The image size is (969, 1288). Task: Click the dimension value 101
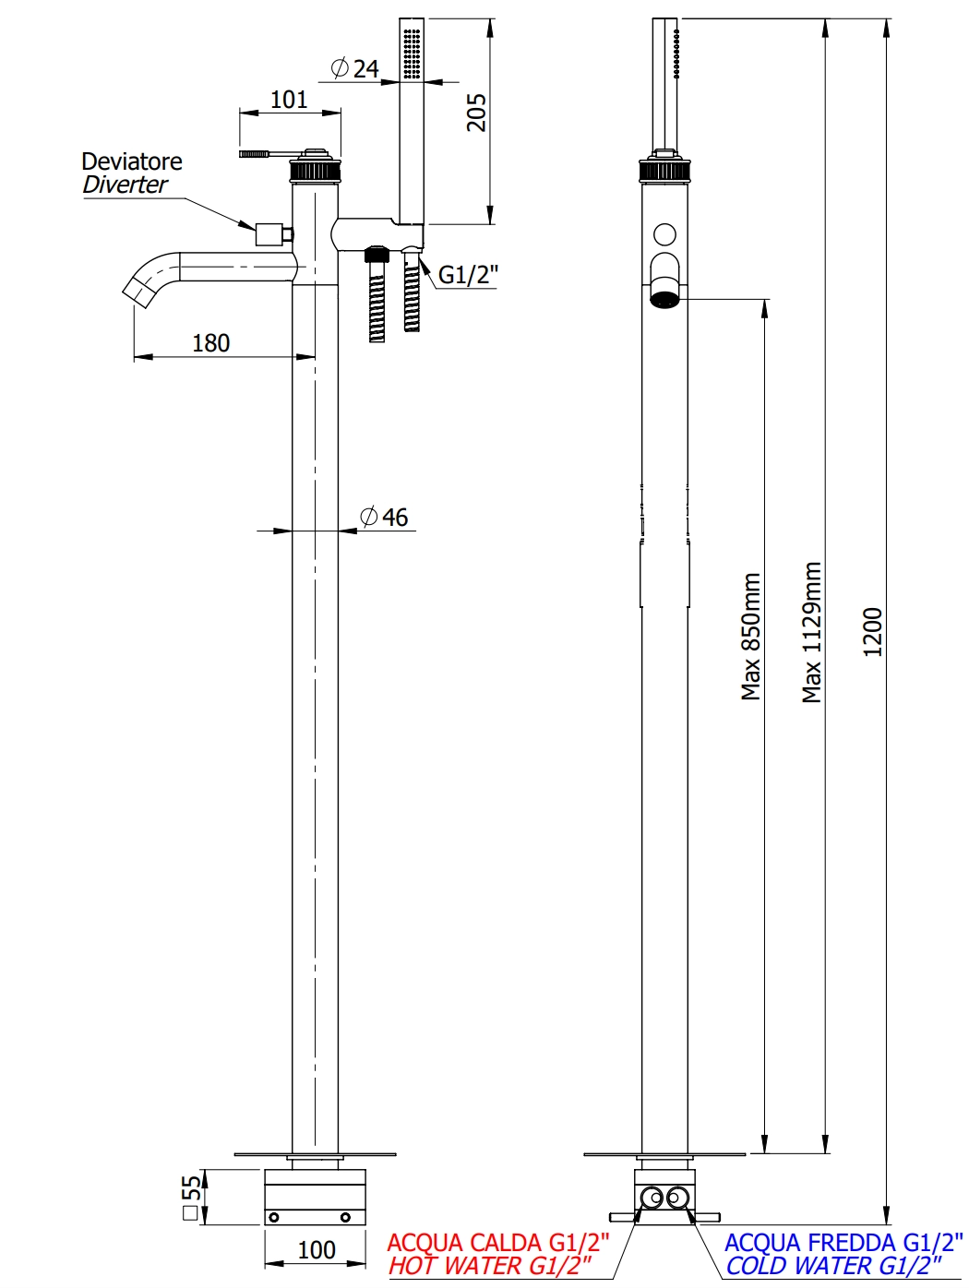[x=289, y=100]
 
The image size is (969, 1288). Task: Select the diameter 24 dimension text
[x=356, y=68]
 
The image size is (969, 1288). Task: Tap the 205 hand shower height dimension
[x=476, y=112]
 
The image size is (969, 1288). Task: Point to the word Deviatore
[x=132, y=161]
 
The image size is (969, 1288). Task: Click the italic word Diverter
[x=125, y=185]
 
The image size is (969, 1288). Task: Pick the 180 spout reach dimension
[x=210, y=343]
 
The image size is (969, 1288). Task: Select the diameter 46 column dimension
[x=386, y=517]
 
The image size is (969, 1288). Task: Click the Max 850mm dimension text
[x=751, y=637]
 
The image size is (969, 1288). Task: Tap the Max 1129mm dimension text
[x=812, y=632]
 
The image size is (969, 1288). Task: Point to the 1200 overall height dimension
[x=873, y=632]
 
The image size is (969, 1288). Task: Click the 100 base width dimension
[x=317, y=1250]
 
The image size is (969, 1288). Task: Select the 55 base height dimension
[x=191, y=1197]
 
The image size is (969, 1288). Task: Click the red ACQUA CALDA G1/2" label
[x=497, y=1243]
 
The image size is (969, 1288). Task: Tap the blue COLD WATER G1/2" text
[x=833, y=1266]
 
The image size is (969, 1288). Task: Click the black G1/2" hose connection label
[x=467, y=274]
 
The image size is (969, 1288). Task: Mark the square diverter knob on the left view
[x=269, y=234]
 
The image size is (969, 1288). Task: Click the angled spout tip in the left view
[x=138, y=286]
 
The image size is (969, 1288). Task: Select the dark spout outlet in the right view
[x=664, y=298]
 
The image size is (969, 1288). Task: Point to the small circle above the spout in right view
[x=664, y=234]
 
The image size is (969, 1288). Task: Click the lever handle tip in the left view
[x=254, y=154]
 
